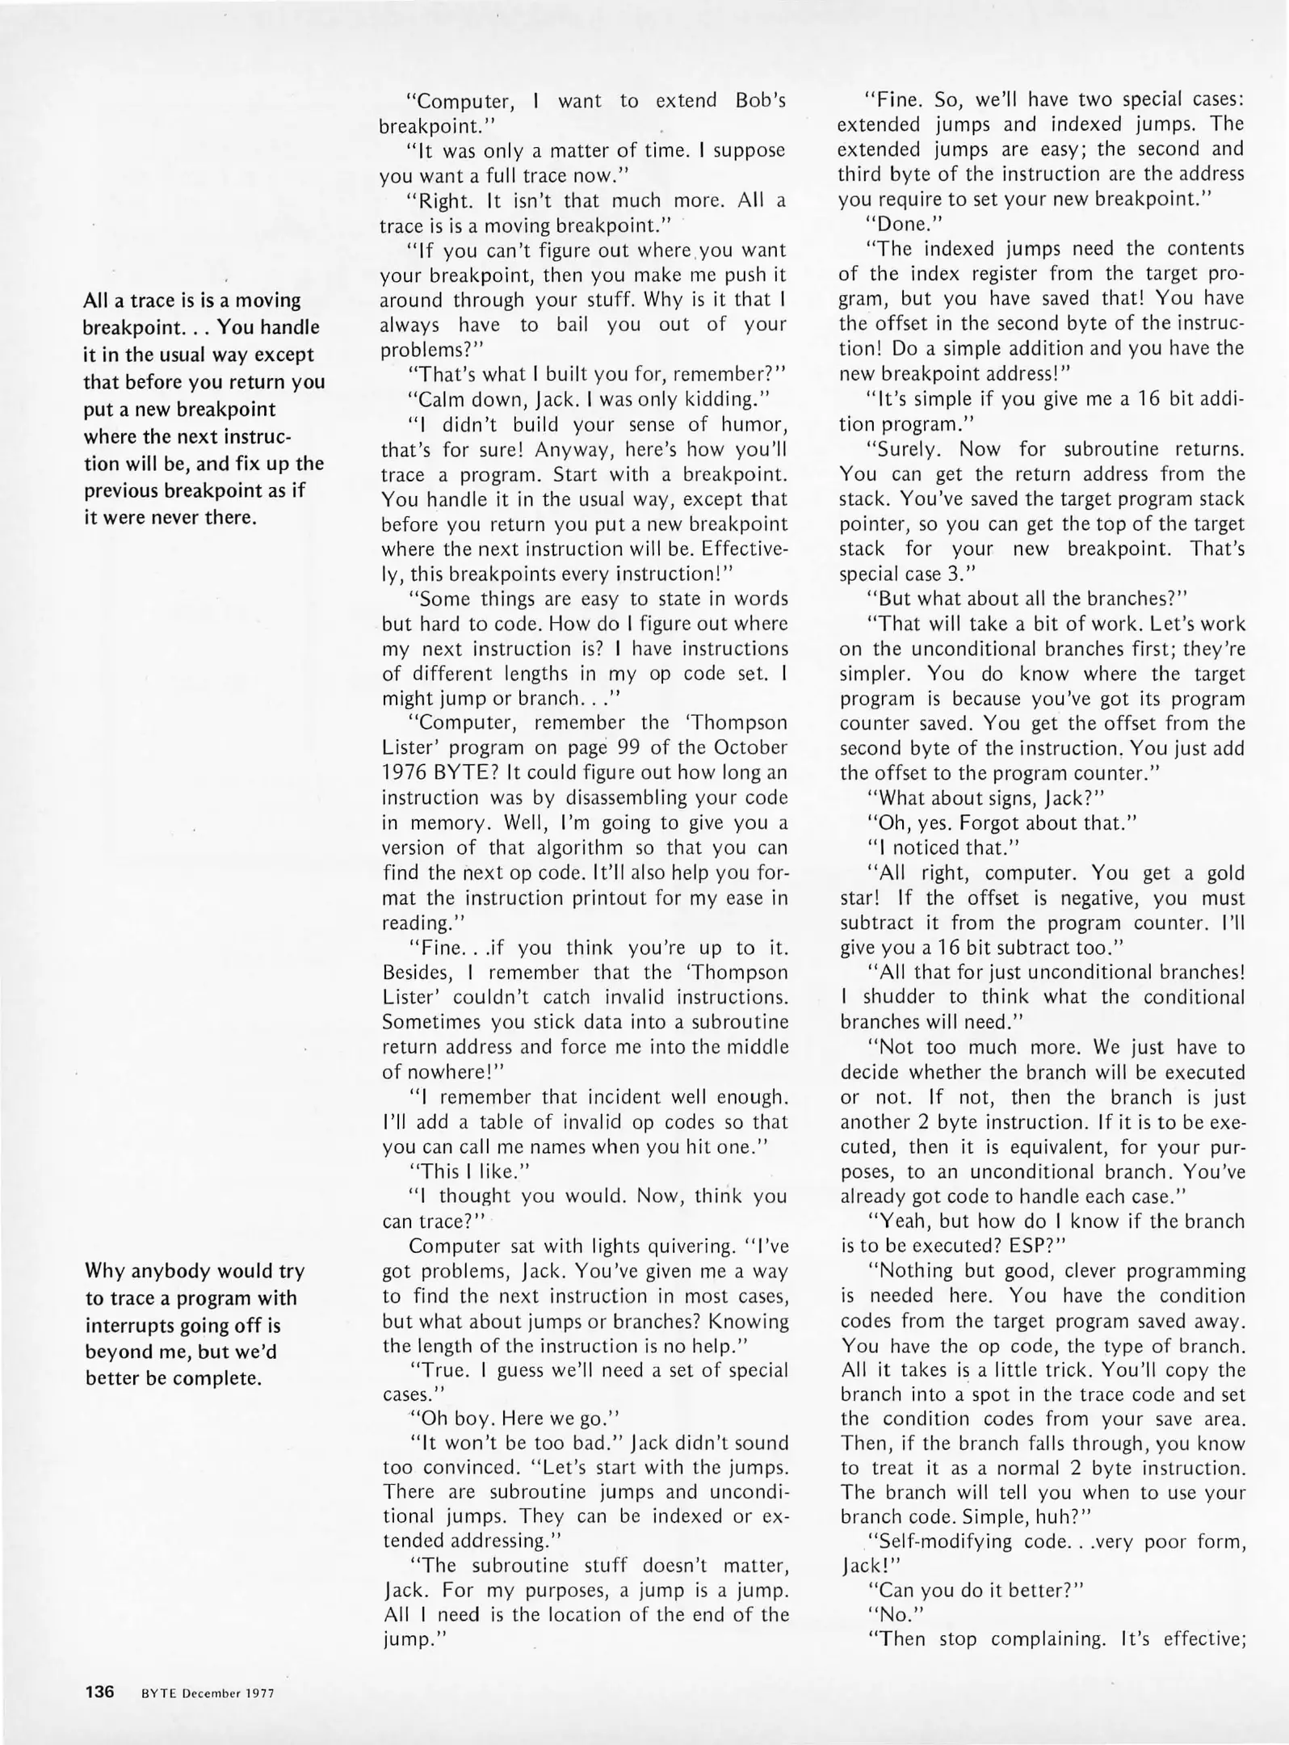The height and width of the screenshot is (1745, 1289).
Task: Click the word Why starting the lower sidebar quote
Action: pos(104,1271)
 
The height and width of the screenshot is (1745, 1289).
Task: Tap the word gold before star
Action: pos(1224,873)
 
